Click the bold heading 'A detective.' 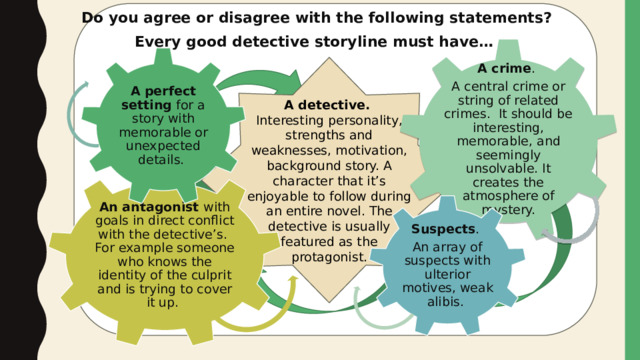click(x=327, y=105)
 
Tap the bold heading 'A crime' click(x=504, y=68)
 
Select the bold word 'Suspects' click(x=443, y=229)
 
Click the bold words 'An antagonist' click(x=149, y=207)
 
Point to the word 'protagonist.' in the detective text click(x=329, y=257)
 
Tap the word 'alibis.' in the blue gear click(x=445, y=302)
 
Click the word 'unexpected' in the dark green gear click(x=163, y=146)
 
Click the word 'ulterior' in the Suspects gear click(x=447, y=274)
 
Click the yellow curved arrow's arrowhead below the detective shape click(x=293, y=281)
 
